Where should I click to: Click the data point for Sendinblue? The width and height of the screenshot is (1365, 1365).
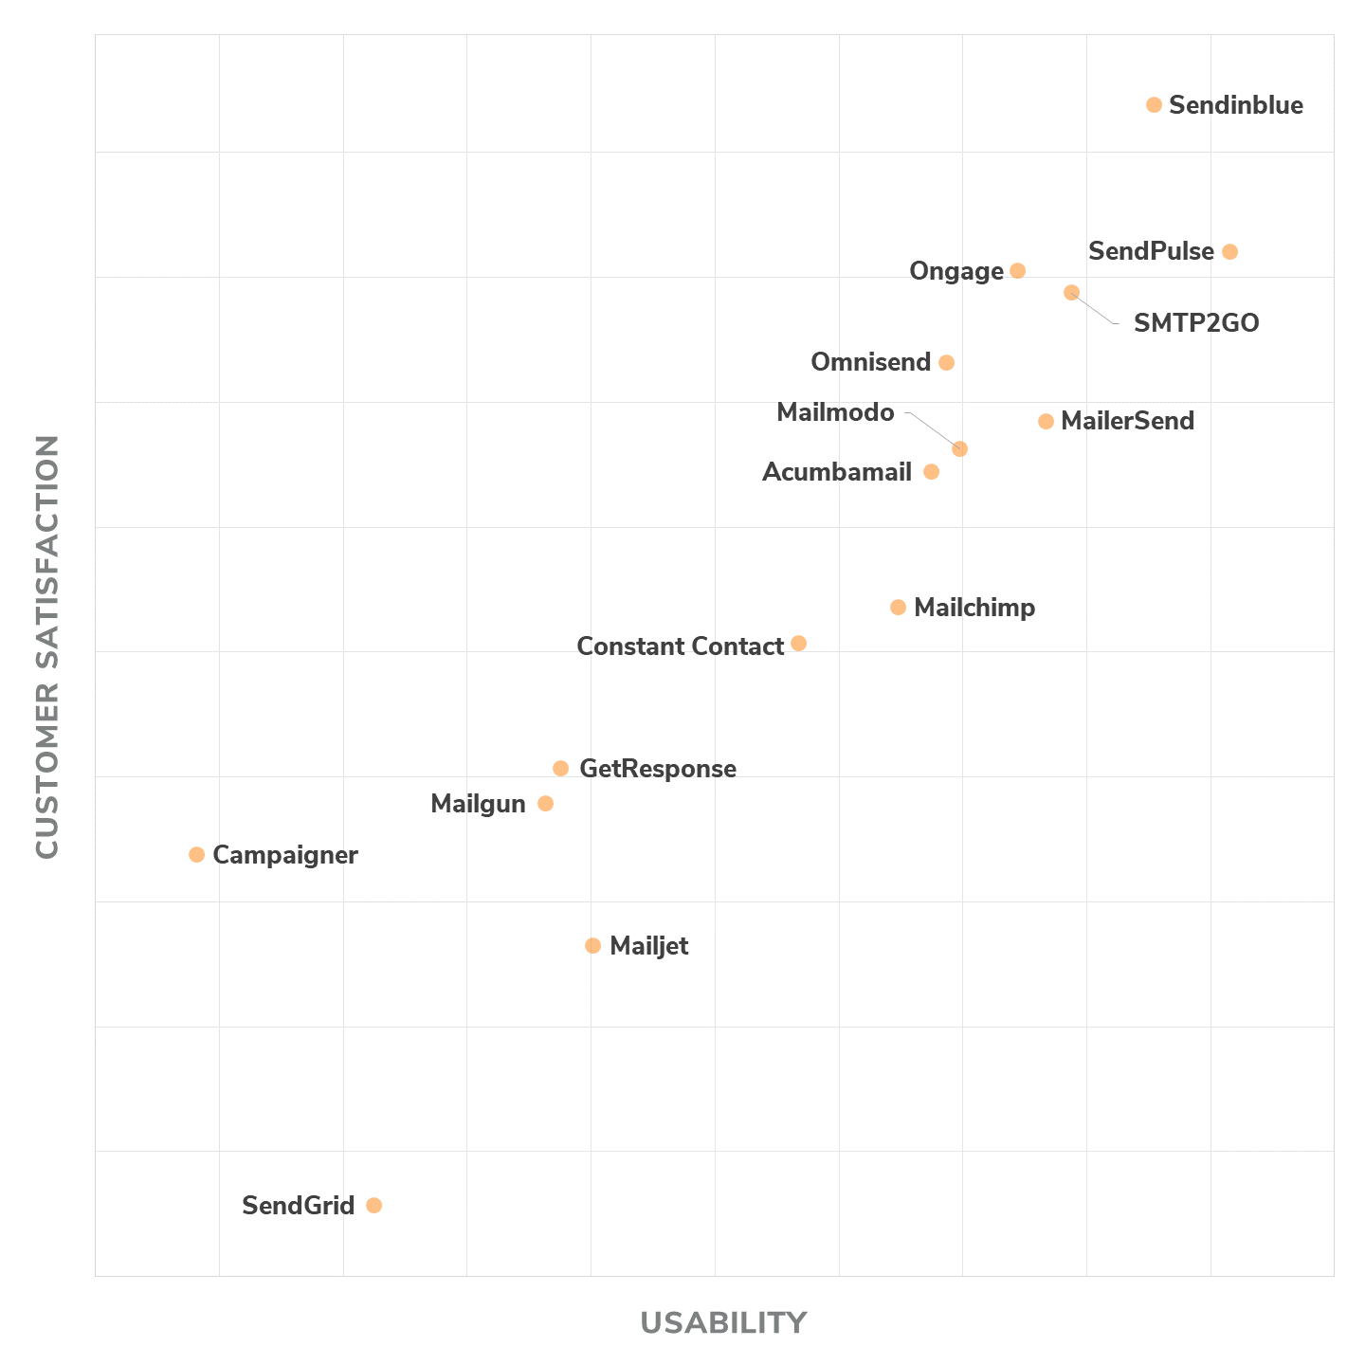1154,105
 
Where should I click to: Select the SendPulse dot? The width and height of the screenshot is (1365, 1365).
1229,252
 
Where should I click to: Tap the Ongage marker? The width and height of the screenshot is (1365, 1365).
1017,271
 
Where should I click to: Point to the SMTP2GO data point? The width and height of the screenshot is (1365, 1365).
1071,293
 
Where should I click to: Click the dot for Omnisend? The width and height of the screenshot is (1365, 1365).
946,363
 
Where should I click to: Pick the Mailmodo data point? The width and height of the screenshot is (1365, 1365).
959,449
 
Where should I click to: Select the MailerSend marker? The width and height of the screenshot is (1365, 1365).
1046,422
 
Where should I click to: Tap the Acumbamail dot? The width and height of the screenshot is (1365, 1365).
931,472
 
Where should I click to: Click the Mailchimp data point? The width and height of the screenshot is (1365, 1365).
898,608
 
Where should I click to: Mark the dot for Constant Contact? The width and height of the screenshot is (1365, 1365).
798,644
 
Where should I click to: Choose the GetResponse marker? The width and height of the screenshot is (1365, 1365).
560,769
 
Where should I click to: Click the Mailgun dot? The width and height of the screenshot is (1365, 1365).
545,804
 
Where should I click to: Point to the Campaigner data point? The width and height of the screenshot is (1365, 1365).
196,855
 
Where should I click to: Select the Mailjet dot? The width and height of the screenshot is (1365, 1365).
592,946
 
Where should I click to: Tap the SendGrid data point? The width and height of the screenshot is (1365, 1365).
373,1206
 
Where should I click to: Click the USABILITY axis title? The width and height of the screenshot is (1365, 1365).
723,1322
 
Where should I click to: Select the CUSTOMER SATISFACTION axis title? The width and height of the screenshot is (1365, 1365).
47,647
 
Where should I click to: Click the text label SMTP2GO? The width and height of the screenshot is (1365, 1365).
1196,324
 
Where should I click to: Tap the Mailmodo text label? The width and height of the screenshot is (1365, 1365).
835,413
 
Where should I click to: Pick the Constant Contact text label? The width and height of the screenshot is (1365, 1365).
680,646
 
